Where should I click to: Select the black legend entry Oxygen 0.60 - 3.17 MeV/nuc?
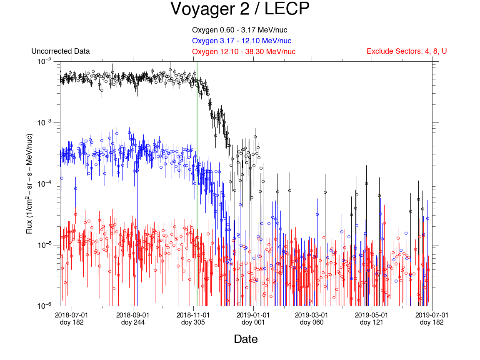point(240,30)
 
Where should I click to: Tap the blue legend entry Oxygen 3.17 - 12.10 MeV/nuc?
point(241,41)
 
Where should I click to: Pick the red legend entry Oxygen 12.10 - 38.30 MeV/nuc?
point(244,52)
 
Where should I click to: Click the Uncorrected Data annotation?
point(60,52)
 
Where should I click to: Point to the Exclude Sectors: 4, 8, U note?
point(407,52)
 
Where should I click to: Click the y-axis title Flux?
point(30,184)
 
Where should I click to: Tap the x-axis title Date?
point(246,339)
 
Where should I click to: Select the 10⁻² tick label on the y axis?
point(45,61)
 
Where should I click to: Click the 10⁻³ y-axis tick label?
point(45,122)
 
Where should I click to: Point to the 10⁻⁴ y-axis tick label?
point(45,184)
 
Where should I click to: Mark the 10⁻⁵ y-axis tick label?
point(45,245)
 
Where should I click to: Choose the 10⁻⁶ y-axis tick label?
point(45,306)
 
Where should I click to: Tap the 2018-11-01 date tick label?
point(193,315)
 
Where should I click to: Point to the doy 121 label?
point(372,322)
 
